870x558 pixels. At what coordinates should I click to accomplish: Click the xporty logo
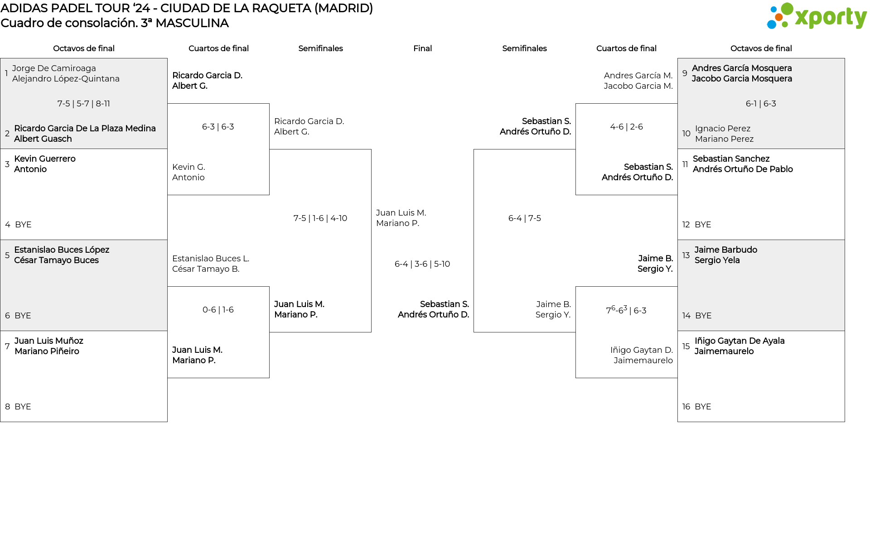(x=817, y=17)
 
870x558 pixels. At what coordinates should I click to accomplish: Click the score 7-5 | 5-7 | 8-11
(x=84, y=104)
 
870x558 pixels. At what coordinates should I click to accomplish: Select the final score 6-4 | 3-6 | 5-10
(x=422, y=264)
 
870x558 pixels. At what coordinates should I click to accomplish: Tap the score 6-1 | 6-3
(x=761, y=104)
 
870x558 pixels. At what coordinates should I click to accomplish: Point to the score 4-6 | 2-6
(x=626, y=127)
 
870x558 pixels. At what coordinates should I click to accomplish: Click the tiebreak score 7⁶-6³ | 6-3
(x=626, y=310)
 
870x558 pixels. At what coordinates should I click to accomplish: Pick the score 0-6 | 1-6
(x=218, y=310)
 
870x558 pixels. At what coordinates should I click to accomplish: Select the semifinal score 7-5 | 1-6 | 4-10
(x=320, y=218)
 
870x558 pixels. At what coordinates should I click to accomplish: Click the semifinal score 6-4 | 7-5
(x=524, y=218)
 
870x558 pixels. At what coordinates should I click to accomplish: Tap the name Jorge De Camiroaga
(x=54, y=68)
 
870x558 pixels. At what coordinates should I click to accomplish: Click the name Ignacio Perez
(x=723, y=129)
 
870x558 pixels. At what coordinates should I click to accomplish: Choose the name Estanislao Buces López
(x=62, y=250)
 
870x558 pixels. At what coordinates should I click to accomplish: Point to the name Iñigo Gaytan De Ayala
(x=739, y=341)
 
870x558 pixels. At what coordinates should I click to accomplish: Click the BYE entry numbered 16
(x=702, y=407)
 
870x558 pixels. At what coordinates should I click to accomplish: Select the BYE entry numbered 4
(x=23, y=225)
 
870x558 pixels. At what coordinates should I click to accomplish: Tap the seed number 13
(x=686, y=255)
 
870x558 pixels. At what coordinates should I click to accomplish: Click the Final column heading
(x=422, y=48)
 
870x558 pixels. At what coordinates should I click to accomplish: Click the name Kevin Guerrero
(x=45, y=159)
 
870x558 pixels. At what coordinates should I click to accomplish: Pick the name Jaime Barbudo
(x=725, y=250)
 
